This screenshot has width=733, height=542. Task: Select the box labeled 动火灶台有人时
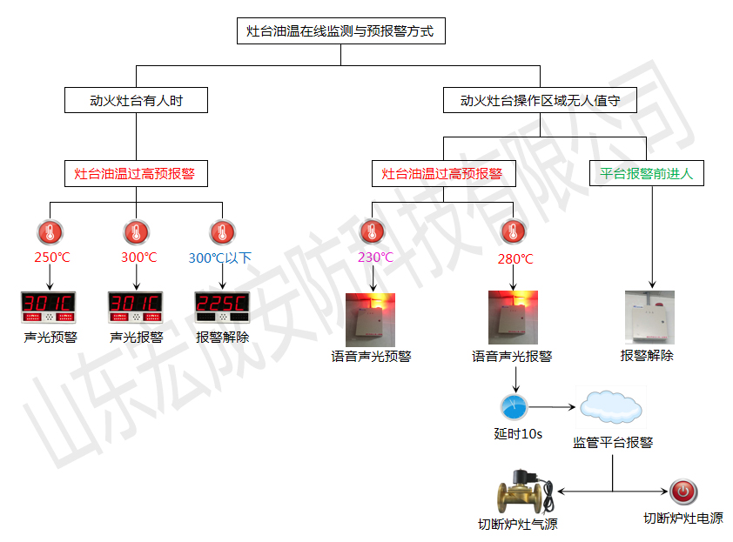(x=137, y=101)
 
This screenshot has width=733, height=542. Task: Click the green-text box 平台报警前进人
(x=646, y=173)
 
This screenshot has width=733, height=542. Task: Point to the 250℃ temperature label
(x=51, y=258)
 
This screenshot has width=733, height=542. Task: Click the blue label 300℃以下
(x=219, y=258)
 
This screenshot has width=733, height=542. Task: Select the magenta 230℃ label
(x=375, y=258)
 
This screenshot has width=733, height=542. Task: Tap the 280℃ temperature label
(x=514, y=258)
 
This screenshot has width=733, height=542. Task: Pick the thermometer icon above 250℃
(x=50, y=231)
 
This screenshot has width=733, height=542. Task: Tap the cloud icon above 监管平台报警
(x=612, y=406)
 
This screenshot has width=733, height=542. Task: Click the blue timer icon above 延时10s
(x=514, y=407)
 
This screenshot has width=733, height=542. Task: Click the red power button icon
(x=683, y=492)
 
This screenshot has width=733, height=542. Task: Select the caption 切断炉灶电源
(x=683, y=519)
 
